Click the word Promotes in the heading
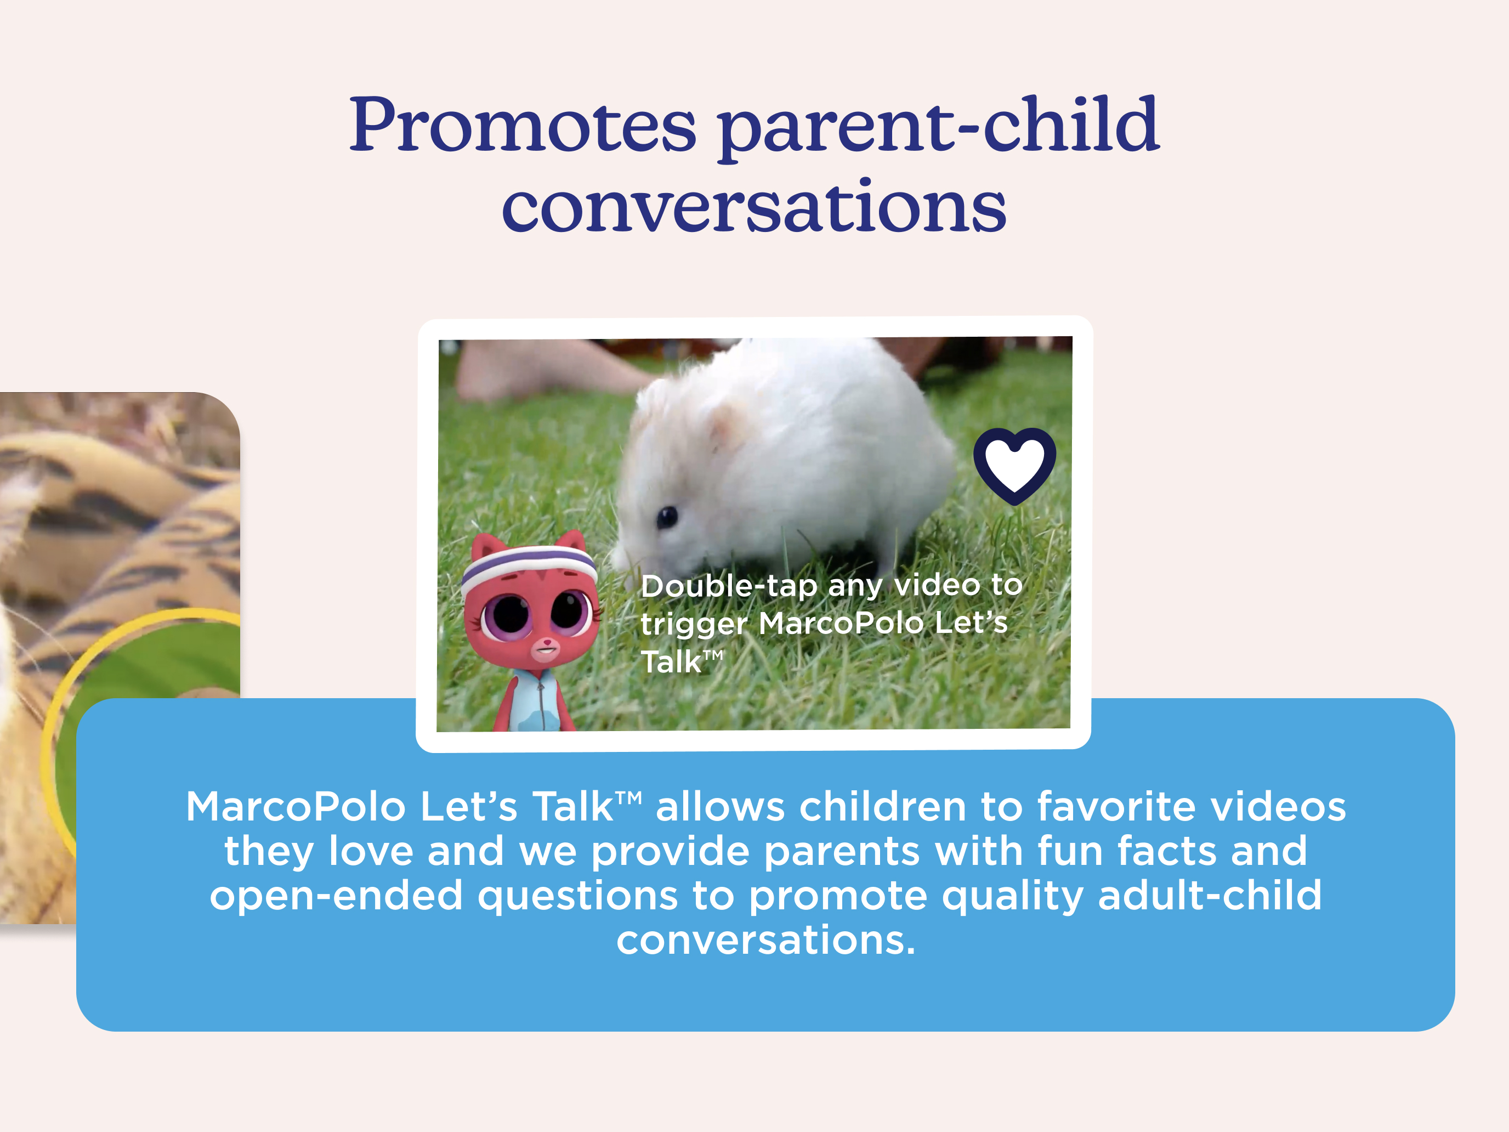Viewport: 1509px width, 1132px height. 523,126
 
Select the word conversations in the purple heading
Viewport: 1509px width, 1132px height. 754,205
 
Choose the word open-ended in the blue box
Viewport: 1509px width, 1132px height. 336,896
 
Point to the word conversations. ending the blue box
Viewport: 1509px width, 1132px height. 765,939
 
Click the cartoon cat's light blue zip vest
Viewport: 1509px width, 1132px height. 536,699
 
